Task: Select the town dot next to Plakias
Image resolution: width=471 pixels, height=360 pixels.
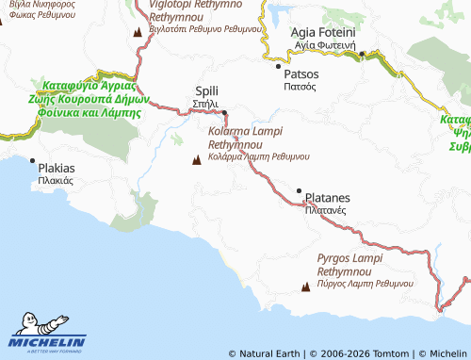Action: coord(34,160)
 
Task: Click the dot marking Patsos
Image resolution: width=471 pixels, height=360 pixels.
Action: coord(277,66)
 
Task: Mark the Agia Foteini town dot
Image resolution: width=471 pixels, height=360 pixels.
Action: coord(360,55)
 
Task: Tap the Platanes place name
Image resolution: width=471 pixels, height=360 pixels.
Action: coord(327,198)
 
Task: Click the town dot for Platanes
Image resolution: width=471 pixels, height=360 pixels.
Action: coord(300,191)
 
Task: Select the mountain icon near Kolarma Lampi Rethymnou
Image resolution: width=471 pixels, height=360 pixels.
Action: coord(197,161)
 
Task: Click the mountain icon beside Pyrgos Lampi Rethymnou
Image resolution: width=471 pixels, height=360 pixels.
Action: coord(306,286)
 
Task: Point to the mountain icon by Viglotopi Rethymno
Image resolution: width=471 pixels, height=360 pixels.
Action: coord(139,33)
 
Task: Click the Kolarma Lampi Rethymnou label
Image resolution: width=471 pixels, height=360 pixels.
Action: coord(248,139)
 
